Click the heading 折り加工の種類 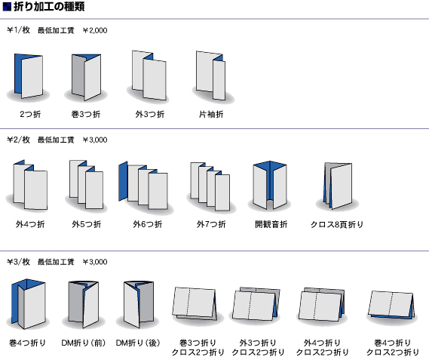pyautogui.click(x=49, y=7)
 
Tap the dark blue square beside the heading pyautogui.click(x=7, y=7)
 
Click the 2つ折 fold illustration pyautogui.click(x=29, y=76)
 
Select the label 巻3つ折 pyautogui.click(x=86, y=114)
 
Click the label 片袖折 pyautogui.click(x=211, y=114)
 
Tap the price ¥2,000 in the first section pyautogui.click(x=95, y=30)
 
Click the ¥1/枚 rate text pyautogui.click(x=18, y=30)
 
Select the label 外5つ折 pyautogui.click(x=87, y=224)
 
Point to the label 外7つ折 pyautogui.click(x=211, y=224)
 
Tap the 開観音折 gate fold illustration pyautogui.click(x=270, y=185)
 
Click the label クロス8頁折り pyautogui.click(x=337, y=225)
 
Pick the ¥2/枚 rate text pyautogui.click(x=18, y=140)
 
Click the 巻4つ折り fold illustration pyautogui.click(x=28, y=304)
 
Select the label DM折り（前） pyautogui.click(x=84, y=343)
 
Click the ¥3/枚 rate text pyautogui.click(x=18, y=262)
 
